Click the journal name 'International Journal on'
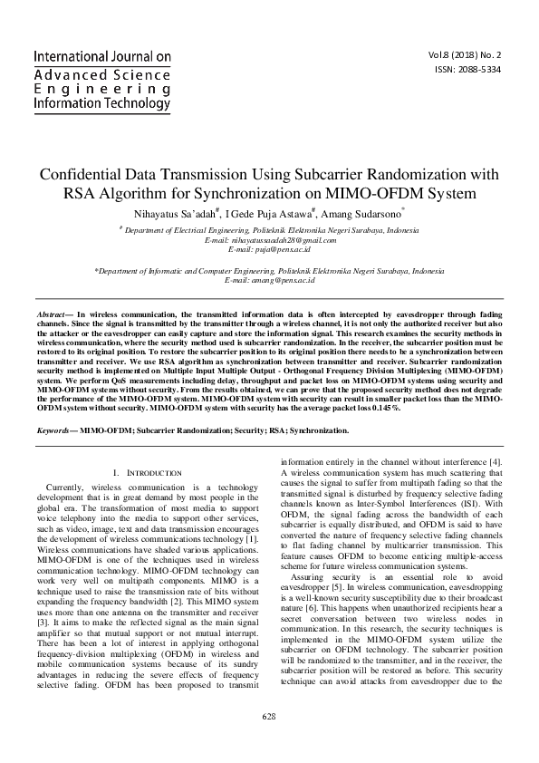tap(102, 56)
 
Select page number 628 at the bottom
tap(269, 716)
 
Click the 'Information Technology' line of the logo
tap(101, 103)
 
